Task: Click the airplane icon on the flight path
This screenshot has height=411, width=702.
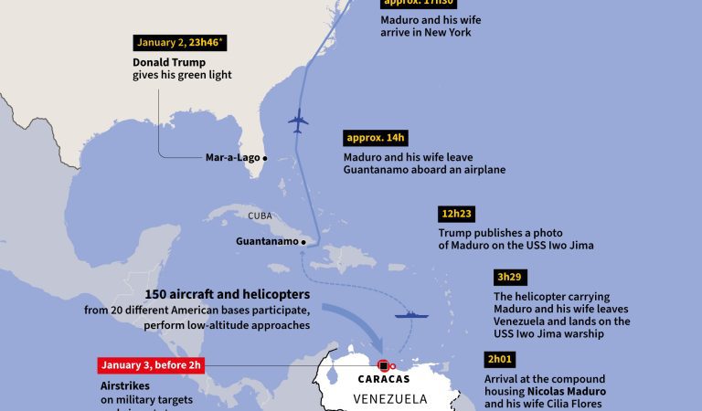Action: pyautogui.click(x=298, y=121)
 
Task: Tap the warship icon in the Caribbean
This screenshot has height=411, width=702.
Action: pyautogui.click(x=410, y=315)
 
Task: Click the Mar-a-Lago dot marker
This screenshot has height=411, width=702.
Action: pyautogui.click(x=265, y=157)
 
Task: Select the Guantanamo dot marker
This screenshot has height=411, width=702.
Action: pyautogui.click(x=303, y=242)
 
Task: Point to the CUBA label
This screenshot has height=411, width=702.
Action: pyautogui.click(x=261, y=216)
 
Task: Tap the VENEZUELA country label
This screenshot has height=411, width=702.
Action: pyautogui.click(x=390, y=398)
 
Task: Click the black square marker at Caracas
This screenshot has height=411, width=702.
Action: pyautogui.click(x=383, y=365)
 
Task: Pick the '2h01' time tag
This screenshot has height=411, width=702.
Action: pyautogui.click(x=499, y=359)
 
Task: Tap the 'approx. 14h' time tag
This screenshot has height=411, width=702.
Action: pyautogui.click(x=375, y=138)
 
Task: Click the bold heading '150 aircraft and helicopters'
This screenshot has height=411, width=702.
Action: pyautogui.click(x=228, y=295)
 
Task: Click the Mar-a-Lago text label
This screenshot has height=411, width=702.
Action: pyautogui.click(x=231, y=157)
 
